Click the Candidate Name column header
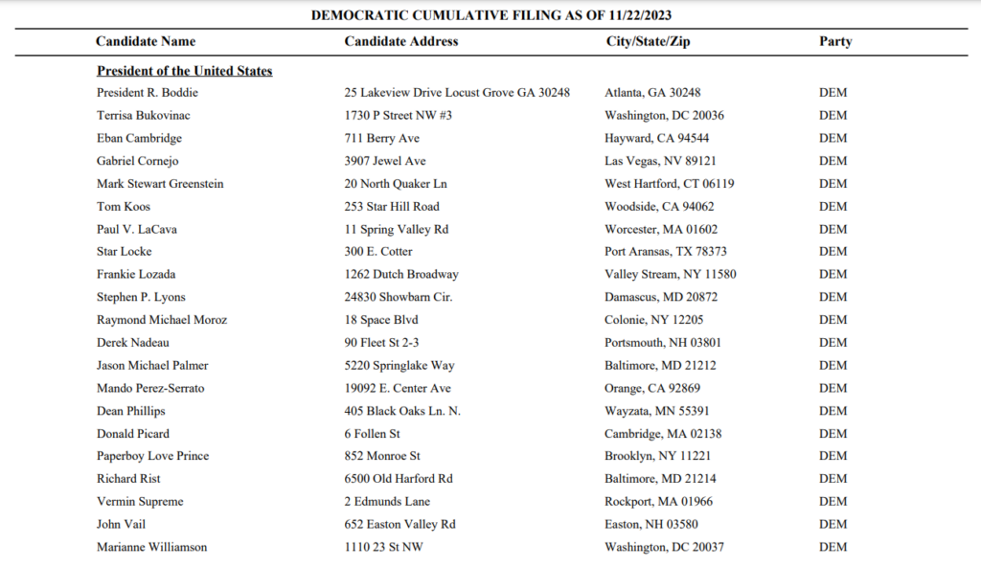click(146, 41)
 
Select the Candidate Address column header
click(401, 41)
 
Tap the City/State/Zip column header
click(648, 41)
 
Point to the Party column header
click(835, 41)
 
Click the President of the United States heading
click(185, 71)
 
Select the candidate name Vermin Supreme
click(140, 501)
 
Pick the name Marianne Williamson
click(152, 547)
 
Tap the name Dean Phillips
click(131, 411)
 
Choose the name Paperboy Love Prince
click(153, 456)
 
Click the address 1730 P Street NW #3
click(399, 115)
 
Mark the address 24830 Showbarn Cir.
click(399, 297)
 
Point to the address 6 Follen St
click(372, 434)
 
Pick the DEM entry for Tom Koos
click(833, 206)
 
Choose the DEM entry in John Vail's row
click(833, 524)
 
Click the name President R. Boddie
click(148, 93)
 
